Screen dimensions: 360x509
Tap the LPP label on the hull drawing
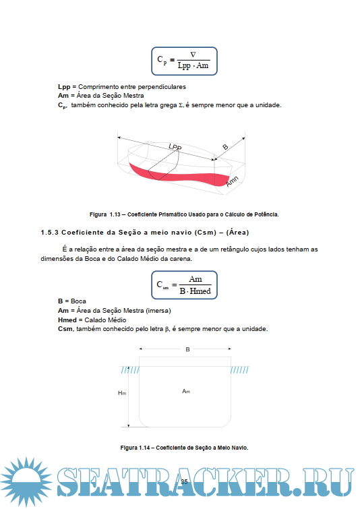(175, 147)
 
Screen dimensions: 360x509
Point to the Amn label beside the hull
(232, 181)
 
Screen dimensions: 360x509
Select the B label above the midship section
(187, 349)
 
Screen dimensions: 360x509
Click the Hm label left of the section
(122, 393)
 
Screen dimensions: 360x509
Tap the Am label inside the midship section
(186, 391)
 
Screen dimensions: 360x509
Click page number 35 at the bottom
(184, 482)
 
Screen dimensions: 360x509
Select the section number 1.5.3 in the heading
(49, 233)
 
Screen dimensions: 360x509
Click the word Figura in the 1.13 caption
(98, 214)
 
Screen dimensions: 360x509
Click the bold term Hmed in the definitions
(67, 320)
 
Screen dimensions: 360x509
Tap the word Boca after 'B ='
(79, 301)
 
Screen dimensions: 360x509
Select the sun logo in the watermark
(26, 481)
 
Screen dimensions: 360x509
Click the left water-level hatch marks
(130, 369)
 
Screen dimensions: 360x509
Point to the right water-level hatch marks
(239, 369)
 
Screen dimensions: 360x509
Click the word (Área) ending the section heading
(237, 233)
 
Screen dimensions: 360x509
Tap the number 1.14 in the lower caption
(144, 448)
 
